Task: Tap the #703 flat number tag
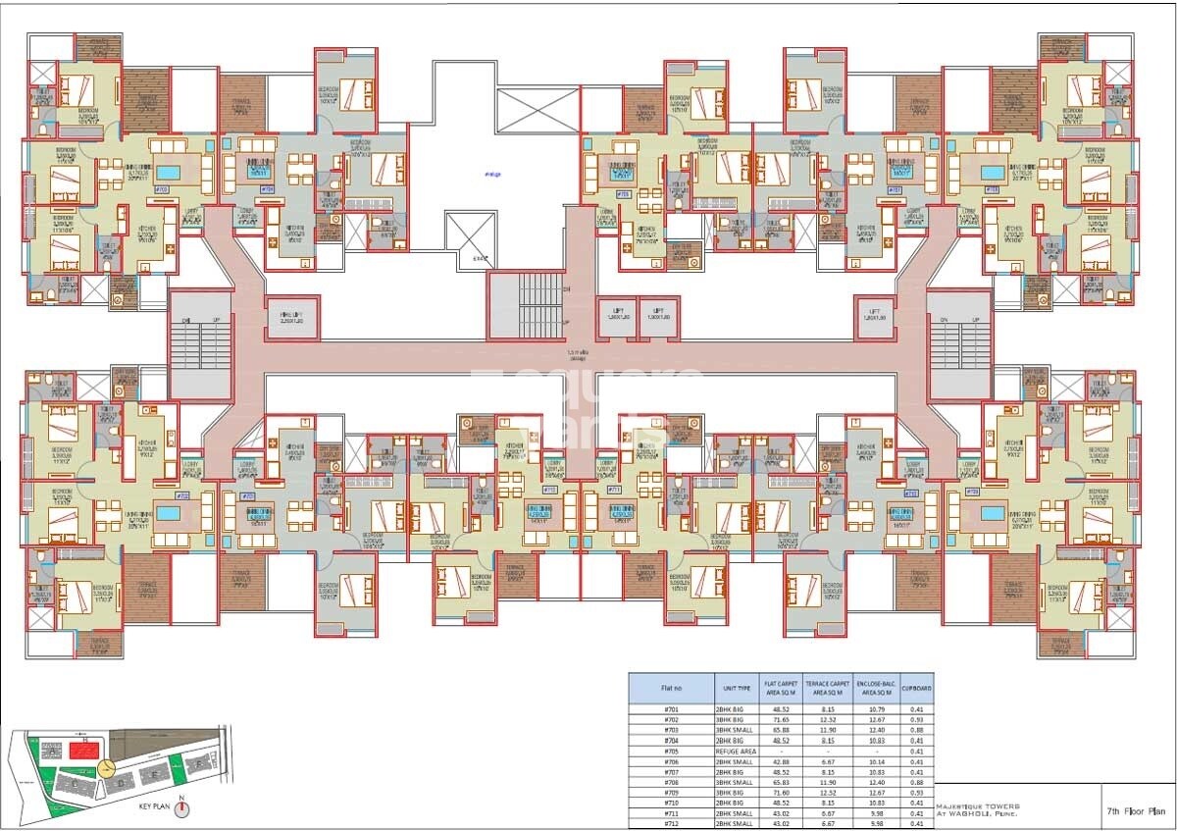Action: [x=163, y=188]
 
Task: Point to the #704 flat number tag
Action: [x=267, y=188]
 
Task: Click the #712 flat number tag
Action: [x=550, y=489]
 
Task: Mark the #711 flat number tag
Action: [x=615, y=489]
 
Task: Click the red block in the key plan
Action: [x=83, y=751]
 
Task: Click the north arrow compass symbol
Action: [x=180, y=808]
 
